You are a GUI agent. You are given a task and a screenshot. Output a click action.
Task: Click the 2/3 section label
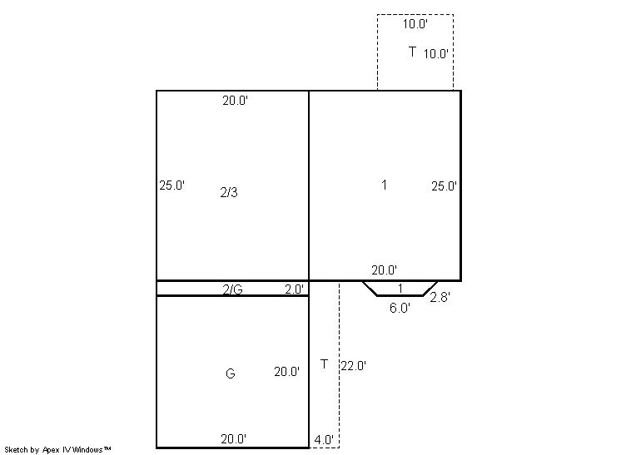coord(229,192)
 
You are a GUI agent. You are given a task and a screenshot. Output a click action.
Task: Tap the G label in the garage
coord(230,373)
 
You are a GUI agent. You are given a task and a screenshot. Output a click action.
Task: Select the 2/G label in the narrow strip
coord(232,289)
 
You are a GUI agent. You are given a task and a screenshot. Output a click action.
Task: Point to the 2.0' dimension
coord(294,289)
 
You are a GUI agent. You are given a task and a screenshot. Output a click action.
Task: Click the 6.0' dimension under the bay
coord(400,308)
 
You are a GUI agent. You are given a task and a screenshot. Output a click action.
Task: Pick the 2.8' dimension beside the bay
coord(440,297)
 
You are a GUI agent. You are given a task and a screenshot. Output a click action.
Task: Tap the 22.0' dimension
coord(353,366)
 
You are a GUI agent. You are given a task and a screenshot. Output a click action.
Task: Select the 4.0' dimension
coord(324,439)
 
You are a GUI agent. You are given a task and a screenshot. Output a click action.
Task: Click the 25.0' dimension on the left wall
coord(171,185)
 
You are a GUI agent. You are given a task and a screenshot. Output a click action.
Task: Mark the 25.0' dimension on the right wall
coord(444,186)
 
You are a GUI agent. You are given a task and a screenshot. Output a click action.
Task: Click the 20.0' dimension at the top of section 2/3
coord(236,101)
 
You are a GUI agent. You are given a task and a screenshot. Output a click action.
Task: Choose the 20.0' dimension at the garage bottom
coord(234,438)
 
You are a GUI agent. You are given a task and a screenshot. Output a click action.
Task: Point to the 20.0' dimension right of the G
coord(286,372)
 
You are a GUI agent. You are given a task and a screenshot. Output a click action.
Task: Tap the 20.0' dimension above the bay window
coord(384,270)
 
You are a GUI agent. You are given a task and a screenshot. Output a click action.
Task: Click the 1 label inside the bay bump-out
coord(400,289)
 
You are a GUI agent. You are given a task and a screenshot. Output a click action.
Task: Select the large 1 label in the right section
coord(384,185)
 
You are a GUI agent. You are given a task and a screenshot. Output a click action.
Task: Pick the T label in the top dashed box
coord(412,52)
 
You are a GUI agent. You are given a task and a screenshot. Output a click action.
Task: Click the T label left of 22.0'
coord(324,364)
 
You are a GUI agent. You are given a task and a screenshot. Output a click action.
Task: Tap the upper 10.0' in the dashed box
coord(415,24)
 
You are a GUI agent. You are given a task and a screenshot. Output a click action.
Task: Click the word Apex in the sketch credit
coord(51,449)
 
